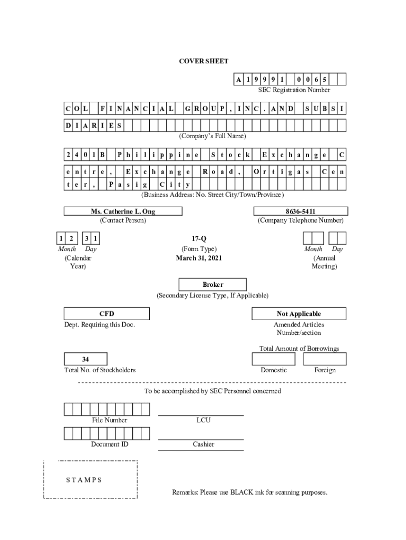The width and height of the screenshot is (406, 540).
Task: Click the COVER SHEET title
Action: [x=204, y=61]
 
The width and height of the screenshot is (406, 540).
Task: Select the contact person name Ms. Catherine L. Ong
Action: [x=123, y=211]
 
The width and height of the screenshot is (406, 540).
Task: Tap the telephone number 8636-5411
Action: [x=300, y=211]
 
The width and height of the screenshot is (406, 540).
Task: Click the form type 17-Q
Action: [x=199, y=238]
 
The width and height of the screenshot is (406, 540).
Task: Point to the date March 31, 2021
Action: [x=199, y=258]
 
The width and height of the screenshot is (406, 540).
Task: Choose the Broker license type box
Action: [x=212, y=284]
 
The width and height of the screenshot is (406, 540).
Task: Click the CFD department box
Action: [x=107, y=314]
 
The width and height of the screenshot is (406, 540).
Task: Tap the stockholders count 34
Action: [x=85, y=359]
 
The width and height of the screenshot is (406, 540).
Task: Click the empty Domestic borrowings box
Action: [x=274, y=359]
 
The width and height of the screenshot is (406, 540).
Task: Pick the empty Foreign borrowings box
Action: [x=325, y=359]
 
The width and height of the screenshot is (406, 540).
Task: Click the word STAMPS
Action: [x=84, y=480]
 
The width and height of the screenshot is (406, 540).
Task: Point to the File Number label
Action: [x=109, y=420]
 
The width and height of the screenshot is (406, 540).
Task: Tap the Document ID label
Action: [x=109, y=444]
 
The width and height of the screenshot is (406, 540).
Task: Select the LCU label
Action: [x=203, y=420]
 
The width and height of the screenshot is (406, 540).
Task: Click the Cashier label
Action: [x=203, y=444]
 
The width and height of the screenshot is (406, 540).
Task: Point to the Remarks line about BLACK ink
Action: [x=249, y=493]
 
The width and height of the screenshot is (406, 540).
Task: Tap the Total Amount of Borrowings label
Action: [x=299, y=349]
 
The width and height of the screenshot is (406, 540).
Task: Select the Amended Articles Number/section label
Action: [x=299, y=329]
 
